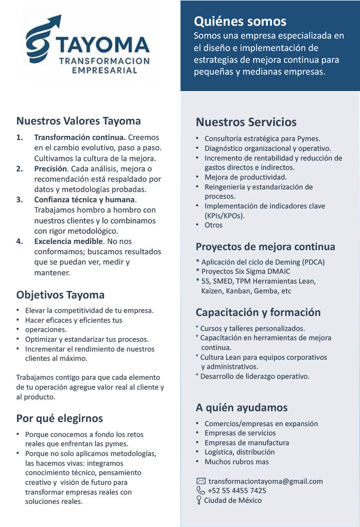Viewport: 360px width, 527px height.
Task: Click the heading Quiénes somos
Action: pos(240,22)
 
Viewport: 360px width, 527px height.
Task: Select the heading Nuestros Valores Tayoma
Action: pos(78,121)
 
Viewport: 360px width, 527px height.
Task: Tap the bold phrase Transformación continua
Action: pos(80,137)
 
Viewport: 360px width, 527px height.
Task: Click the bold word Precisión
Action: pos(50,168)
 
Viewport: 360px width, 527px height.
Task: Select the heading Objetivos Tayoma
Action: pos(60,295)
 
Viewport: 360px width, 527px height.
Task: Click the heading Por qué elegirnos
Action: pos(60,418)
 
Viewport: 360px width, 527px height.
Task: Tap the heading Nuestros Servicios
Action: pos(246,122)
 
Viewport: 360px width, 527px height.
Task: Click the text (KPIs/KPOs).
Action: pos(225,216)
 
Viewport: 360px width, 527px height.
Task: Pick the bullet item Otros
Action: pos(214,225)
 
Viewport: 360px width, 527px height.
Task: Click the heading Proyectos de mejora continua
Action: pos(265,247)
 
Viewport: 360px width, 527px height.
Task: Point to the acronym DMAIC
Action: pos(277,271)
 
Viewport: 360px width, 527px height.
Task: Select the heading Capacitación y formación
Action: pos(258,312)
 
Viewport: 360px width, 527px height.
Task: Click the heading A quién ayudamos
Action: pos(242,408)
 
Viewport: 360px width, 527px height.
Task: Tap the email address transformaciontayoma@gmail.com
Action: pos(265,481)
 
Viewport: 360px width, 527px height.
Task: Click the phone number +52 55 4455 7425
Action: pos(237,490)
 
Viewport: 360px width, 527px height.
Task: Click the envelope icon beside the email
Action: pos(201,481)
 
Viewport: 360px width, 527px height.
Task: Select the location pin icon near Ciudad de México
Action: pos(199,500)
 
